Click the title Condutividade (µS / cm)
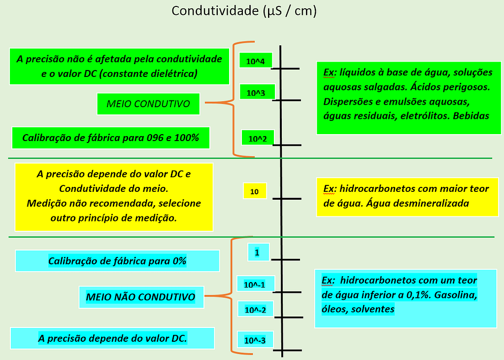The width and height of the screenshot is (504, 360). pyautogui.click(x=244, y=11)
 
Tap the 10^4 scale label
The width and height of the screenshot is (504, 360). pyautogui.click(x=255, y=61)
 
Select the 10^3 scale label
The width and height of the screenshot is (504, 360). pyautogui.click(x=256, y=92)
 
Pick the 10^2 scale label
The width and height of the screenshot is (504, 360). pyautogui.click(x=257, y=139)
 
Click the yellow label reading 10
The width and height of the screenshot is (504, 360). pyautogui.click(x=255, y=191)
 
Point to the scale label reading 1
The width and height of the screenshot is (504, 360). pyautogui.click(x=257, y=252)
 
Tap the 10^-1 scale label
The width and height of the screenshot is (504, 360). pyautogui.click(x=255, y=285)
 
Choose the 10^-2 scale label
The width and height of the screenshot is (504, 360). pyautogui.click(x=255, y=310)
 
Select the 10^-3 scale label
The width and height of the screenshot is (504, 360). pyautogui.click(x=255, y=340)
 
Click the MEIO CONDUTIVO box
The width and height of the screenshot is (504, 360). pyautogui.click(x=148, y=104)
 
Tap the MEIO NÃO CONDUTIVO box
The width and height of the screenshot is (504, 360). pyautogui.click(x=140, y=297)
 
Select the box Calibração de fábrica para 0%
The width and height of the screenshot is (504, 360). pyautogui.click(x=117, y=261)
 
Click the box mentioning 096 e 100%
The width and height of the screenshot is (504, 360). pyautogui.click(x=111, y=138)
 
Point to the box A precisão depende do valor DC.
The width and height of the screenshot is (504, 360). pyautogui.click(x=112, y=339)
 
